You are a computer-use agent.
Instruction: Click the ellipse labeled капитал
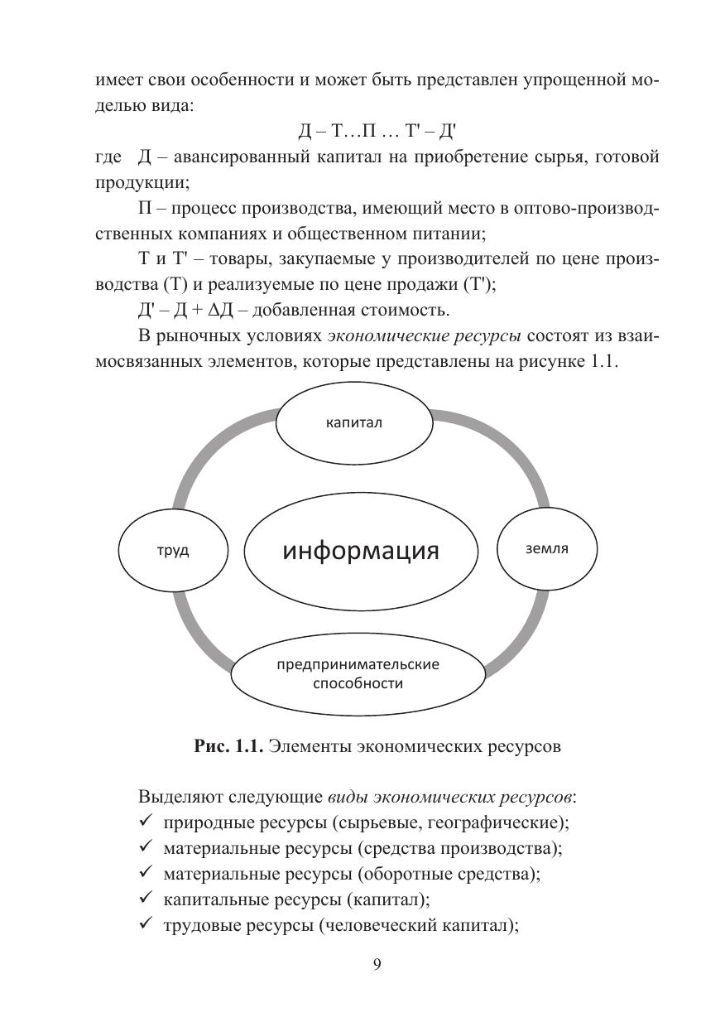tap(353, 422)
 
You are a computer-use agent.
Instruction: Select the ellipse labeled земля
tap(546, 549)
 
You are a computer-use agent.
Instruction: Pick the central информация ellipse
tap(361, 551)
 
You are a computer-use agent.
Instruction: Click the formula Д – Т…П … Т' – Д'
tap(377, 132)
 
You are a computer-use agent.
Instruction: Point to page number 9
tap(377, 964)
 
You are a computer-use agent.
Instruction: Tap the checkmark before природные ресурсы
tap(145, 823)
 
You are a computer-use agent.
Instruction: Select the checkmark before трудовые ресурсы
tap(145, 926)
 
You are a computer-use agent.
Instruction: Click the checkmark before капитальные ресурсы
tap(145, 900)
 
